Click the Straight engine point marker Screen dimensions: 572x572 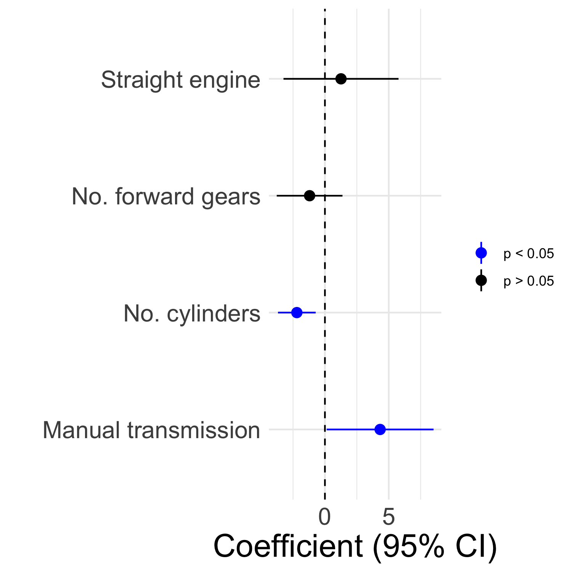pos(341,79)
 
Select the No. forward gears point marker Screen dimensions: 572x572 pos(310,196)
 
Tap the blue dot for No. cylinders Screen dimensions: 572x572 pos(297,313)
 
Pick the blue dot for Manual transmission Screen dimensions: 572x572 pos(380,429)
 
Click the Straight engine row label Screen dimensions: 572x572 pos(180,80)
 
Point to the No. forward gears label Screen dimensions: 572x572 pos(166,197)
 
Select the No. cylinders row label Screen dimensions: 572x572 pos(192,314)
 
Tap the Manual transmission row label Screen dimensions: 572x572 pos(151,431)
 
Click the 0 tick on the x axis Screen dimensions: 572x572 pos(325,517)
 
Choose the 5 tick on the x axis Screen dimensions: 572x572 pos(388,517)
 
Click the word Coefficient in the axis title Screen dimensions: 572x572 pos(288,547)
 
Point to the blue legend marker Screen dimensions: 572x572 pos(481,253)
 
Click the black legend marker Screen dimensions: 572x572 pos(481,281)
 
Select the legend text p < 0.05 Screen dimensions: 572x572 pos(529,254)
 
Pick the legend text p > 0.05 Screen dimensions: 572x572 pos(529,281)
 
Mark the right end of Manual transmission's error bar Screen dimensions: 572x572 pos(433,429)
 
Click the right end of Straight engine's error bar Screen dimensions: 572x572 pos(398,79)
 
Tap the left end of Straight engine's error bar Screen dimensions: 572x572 pos(284,79)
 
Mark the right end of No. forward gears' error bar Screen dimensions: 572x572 pos(342,196)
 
